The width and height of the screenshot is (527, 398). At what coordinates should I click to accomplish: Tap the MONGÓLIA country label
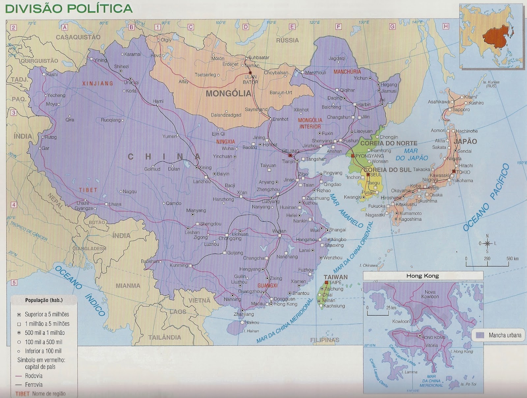point(228,94)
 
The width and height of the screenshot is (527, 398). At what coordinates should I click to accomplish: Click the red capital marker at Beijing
point(290,155)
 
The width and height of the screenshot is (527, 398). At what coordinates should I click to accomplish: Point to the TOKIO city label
point(463,172)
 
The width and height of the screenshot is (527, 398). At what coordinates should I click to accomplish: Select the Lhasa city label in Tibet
point(115,204)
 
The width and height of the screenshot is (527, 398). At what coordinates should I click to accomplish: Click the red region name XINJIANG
point(97,83)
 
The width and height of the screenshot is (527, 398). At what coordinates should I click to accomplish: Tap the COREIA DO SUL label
point(387,170)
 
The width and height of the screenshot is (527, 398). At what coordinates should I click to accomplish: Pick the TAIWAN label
point(335,277)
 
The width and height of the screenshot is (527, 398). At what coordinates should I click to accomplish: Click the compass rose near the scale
point(487,243)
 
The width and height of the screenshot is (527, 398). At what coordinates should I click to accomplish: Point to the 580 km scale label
point(512,259)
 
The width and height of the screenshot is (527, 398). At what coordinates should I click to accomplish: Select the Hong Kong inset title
point(423,276)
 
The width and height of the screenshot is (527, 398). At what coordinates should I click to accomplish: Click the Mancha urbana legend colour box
point(480,335)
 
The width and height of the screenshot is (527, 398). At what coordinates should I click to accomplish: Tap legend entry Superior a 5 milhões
point(47,314)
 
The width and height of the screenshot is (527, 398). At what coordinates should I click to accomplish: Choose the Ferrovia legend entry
point(34,384)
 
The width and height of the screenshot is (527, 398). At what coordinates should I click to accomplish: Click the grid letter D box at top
point(246,27)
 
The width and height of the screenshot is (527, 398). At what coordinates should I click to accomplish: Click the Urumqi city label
point(131,83)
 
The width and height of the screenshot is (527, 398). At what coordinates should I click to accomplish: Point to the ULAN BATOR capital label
point(250,79)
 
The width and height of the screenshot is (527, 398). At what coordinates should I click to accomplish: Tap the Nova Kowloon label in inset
point(430,294)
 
